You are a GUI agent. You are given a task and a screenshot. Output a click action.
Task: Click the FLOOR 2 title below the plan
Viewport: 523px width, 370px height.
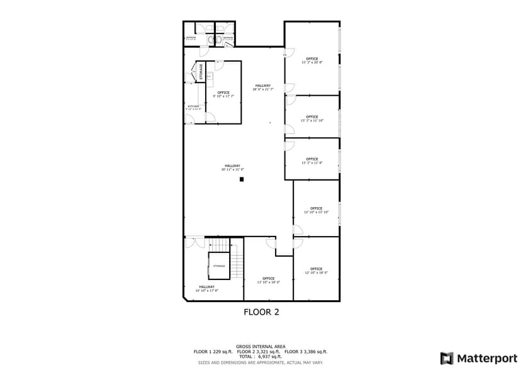(261, 311)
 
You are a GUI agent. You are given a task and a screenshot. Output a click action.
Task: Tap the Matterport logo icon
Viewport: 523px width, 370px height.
(446, 358)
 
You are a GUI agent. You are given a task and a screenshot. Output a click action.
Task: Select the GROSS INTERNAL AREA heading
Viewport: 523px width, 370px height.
(261, 347)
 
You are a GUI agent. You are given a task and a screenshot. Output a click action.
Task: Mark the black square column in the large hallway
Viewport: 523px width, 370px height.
(241, 179)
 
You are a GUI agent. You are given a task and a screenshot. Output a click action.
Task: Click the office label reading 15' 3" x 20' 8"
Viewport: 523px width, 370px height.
(312, 61)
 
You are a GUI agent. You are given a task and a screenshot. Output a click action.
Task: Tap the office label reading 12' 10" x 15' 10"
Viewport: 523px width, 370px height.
(316, 210)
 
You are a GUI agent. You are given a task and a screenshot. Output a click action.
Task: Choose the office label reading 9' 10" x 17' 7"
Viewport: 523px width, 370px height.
(223, 94)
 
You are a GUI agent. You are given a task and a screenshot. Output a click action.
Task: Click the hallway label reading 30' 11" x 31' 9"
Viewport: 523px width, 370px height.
(232, 167)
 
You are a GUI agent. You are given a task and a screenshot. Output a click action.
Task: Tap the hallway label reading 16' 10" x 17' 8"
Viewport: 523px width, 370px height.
(206, 288)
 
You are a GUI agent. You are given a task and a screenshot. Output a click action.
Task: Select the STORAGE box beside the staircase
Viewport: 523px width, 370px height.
(218, 266)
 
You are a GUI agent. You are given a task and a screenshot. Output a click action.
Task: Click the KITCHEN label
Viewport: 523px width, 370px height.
(193, 108)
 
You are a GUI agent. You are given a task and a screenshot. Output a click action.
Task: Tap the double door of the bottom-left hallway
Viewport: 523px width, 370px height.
(195, 242)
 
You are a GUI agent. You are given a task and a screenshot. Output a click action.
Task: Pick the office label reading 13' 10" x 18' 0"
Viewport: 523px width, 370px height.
(268, 280)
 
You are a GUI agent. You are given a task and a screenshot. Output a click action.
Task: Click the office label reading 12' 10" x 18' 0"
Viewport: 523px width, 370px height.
(316, 271)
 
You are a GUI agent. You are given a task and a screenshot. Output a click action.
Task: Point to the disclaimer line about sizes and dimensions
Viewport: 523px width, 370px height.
(261, 362)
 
